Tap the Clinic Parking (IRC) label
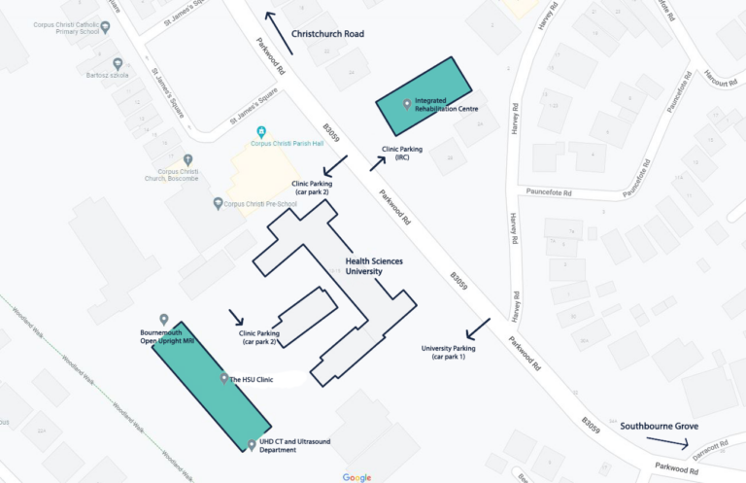[401, 154]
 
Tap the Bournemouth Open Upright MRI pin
[163, 320]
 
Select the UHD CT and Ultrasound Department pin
[253, 445]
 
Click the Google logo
[356, 476]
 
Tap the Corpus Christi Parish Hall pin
[259, 132]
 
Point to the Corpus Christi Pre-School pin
[218, 203]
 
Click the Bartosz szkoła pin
[118, 63]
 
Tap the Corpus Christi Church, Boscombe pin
[187, 159]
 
